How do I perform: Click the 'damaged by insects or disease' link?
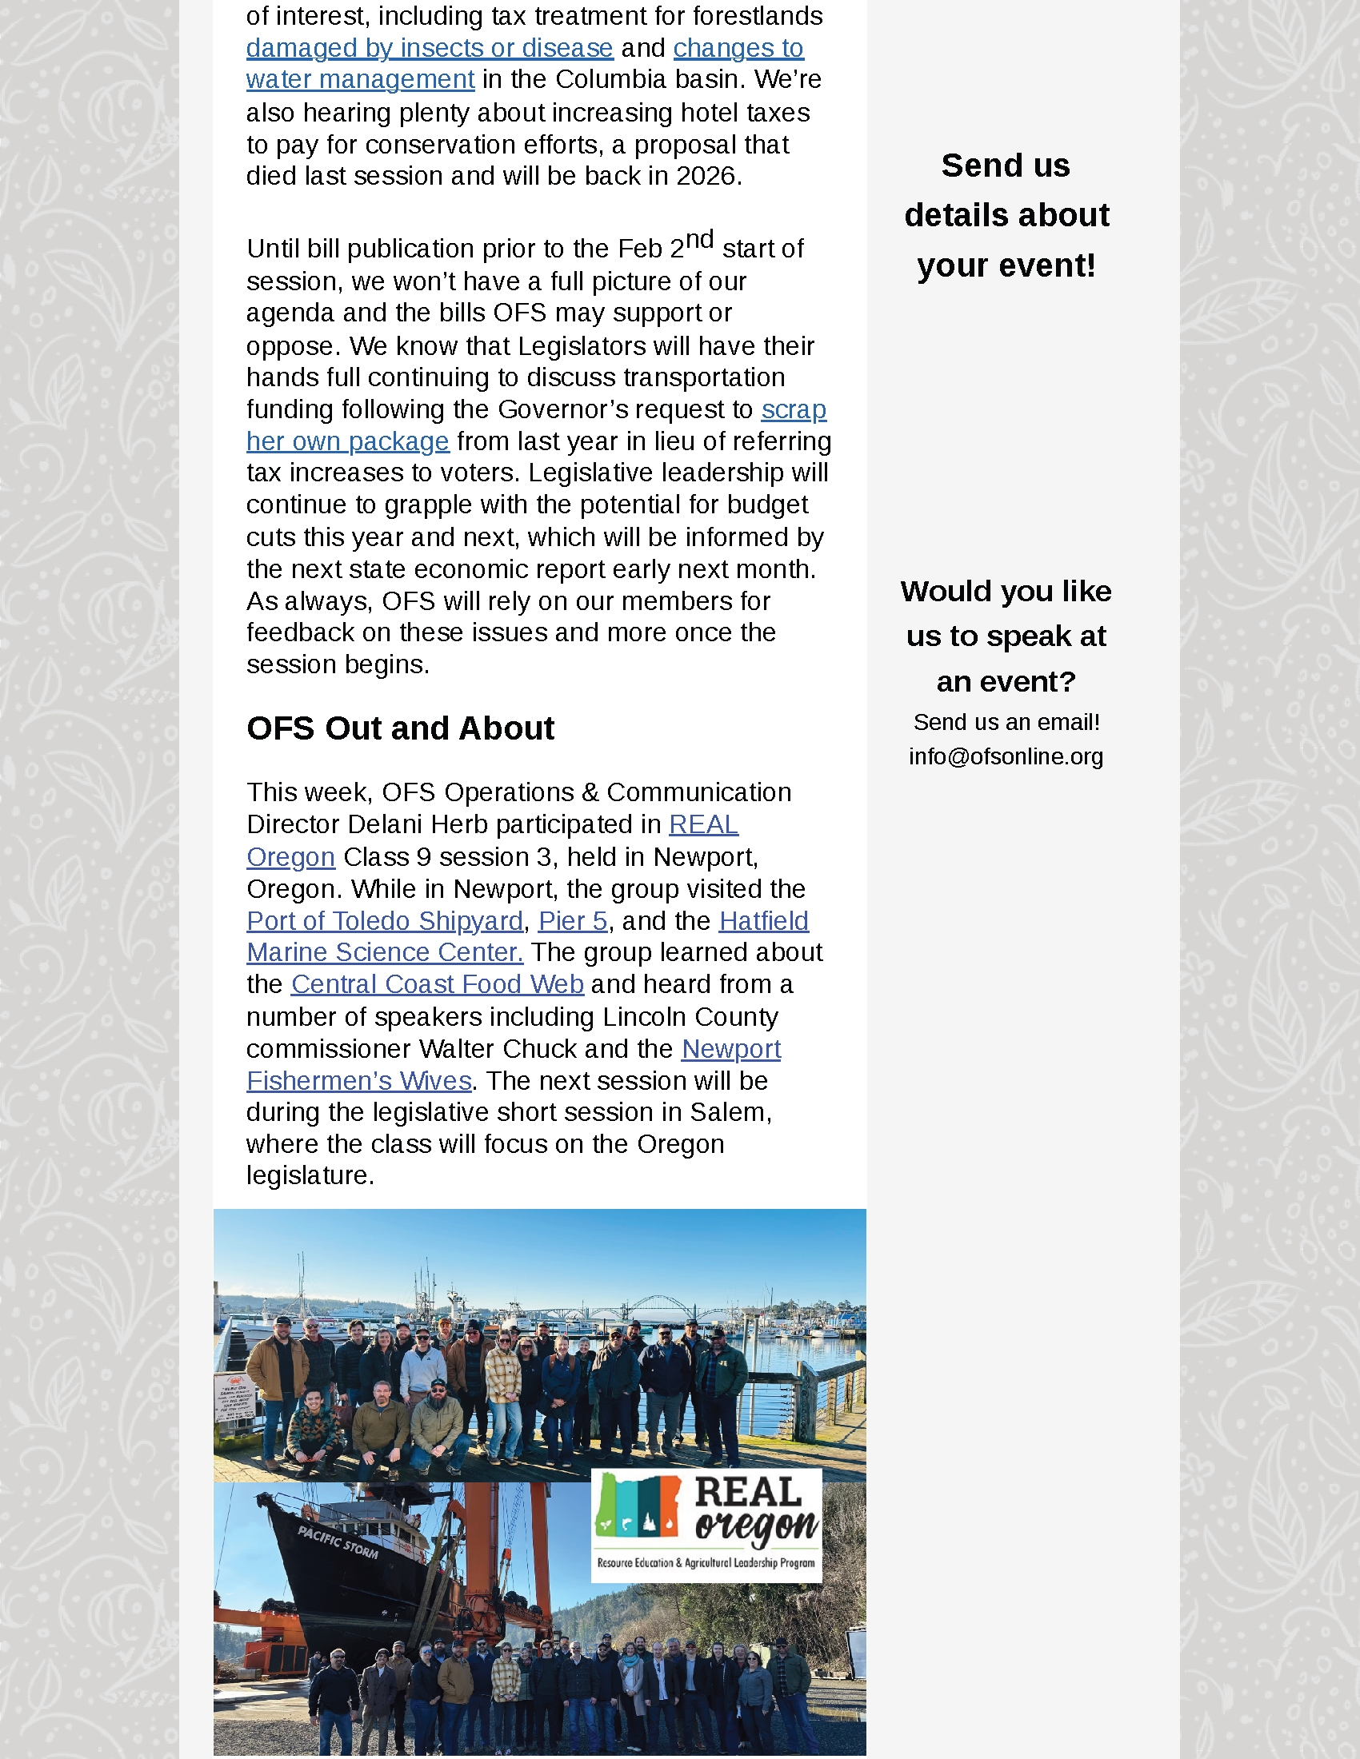click(430, 48)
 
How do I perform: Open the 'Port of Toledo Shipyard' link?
click(384, 920)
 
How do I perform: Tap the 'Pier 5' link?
click(572, 920)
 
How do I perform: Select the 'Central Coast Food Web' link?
click(437, 984)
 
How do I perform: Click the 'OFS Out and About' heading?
click(400, 728)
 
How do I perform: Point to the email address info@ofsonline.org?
click(1006, 756)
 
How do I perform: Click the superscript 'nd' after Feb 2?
click(699, 239)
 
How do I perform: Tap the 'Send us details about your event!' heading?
click(1006, 215)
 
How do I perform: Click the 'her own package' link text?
click(347, 441)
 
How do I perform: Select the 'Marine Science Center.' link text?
click(384, 952)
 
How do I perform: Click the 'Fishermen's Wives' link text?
click(358, 1080)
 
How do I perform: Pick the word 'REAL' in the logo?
click(748, 1493)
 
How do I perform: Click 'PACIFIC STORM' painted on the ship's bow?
click(338, 1542)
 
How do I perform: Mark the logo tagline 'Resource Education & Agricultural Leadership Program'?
click(706, 1562)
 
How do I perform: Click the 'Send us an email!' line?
click(1006, 722)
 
